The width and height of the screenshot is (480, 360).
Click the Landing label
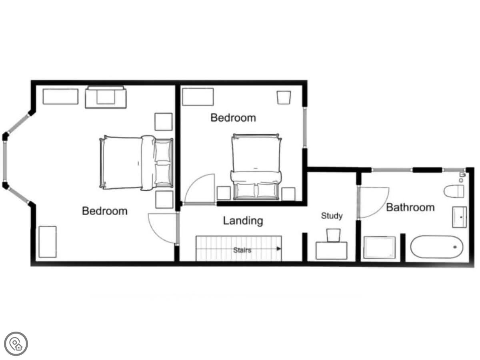pos(243,221)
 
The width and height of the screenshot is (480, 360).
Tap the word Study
pos(332,216)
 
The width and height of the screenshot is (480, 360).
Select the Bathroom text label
pos(410,207)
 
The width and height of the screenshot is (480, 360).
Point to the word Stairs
pos(242,250)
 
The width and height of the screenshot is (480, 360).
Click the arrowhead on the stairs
pos(278,248)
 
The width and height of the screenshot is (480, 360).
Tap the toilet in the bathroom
pos(454,191)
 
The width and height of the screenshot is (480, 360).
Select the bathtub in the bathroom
pos(437,247)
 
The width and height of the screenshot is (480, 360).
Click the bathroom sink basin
pos(460,217)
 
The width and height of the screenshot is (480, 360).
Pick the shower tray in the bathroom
pos(380,248)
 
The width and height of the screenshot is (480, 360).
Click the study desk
pos(331,250)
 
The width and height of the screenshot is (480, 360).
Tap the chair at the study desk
pos(334,235)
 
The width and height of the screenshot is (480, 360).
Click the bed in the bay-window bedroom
pos(136,163)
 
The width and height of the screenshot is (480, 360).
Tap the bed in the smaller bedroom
pos(256,167)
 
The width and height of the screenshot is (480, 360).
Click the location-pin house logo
pos(16,344)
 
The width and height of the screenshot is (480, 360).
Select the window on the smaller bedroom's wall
pos(305,128)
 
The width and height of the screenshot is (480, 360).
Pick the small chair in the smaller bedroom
pos(284,98)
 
